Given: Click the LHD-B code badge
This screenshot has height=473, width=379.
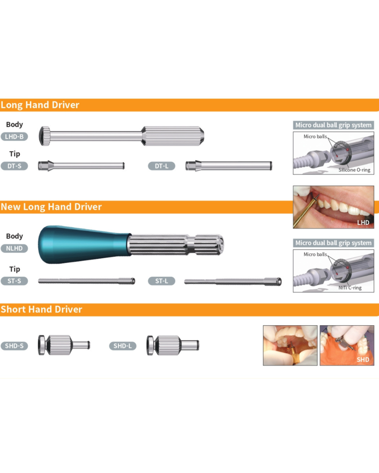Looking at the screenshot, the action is pos(14,137).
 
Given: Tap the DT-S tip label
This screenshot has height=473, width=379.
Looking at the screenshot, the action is pos(14,166).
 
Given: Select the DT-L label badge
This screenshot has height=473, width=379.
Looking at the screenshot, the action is pos(162,166).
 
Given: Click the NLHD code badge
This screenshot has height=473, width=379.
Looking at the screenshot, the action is pos(14,248).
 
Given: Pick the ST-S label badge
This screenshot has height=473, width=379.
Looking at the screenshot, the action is pos(14,281).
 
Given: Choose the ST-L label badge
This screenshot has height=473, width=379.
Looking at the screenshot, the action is pos(162,281).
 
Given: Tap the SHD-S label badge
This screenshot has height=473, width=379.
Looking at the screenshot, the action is pos(14,346).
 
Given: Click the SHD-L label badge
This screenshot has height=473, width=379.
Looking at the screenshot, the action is pos(123,346).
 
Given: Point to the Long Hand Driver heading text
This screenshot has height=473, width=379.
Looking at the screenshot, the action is pos(40,105).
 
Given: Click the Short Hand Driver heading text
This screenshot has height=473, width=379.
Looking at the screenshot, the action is pos(41,309).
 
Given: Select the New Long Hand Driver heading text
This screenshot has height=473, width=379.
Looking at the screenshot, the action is pos(51,206).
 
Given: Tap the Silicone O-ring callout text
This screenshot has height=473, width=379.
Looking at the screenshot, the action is pos(354,170).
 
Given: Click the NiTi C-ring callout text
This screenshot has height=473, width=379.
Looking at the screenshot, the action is pos(350,287).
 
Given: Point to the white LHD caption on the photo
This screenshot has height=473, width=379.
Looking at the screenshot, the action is pos(363,222).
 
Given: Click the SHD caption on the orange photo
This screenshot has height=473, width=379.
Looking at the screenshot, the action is pos(363,359).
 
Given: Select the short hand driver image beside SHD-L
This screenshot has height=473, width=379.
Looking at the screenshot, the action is pos(173,346).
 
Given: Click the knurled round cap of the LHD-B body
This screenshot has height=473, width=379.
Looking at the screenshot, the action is pos(45,136).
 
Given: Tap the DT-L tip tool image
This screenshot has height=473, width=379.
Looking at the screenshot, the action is pos(229,166).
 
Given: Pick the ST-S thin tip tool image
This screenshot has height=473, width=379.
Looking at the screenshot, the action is pos(87,281).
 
